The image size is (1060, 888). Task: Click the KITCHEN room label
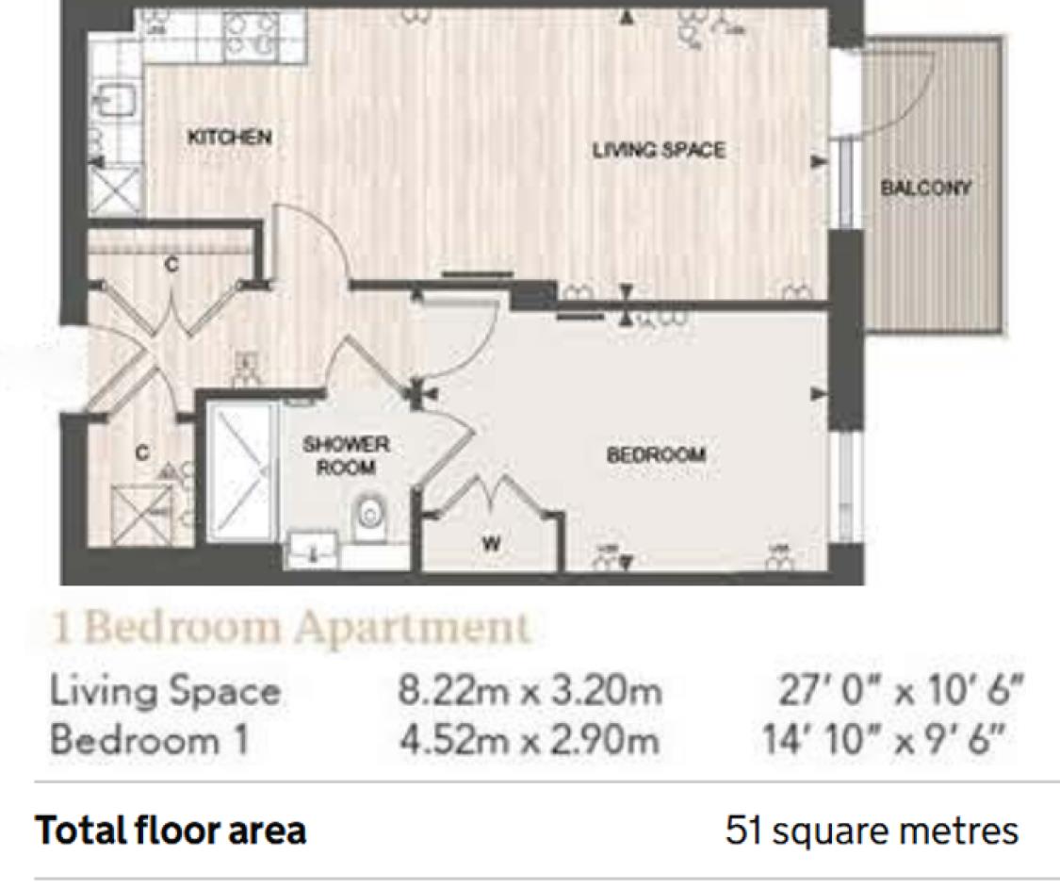point(229,137)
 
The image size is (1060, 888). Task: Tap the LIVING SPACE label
point(659,149)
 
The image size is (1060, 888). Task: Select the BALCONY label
point(925,188)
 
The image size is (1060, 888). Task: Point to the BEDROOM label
point(656,454)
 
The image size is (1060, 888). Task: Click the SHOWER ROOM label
point(346,455)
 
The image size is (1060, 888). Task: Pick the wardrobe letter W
point(490,543)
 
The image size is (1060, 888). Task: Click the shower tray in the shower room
point(241,471)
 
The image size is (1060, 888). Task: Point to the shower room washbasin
point(312,550)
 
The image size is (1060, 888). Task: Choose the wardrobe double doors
point(492,495)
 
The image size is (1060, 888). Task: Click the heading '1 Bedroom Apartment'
point(289,628)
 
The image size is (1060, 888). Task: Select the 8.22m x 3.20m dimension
point(530,692)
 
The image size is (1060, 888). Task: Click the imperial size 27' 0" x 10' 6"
point(900,692)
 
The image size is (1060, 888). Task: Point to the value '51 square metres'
point(871,831)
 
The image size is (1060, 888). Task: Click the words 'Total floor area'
point(171,831)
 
